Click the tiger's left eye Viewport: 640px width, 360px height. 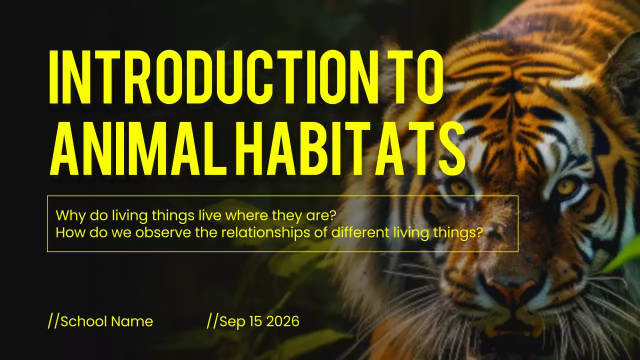(459, 188)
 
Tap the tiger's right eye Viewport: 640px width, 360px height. (566, 186)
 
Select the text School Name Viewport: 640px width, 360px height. (106, 321)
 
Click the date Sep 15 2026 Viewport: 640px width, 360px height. (259, 321)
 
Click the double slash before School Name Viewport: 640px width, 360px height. (53, 321)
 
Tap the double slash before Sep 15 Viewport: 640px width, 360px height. (212, 321)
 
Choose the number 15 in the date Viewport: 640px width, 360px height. (255, 321)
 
